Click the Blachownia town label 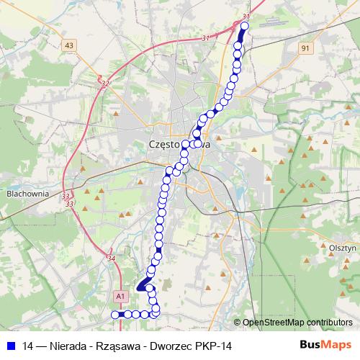coord(26,193)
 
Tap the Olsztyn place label coord(341,247)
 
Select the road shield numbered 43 coord(69,45)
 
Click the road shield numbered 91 coord(305,48)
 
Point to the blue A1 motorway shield coord(121,295)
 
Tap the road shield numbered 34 coord(111,258)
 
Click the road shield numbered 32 coord(106,84)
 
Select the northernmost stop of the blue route coord(243,27)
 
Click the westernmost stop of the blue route coord(114,314)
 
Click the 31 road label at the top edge coord(246,16)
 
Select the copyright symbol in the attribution coord(238,323)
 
